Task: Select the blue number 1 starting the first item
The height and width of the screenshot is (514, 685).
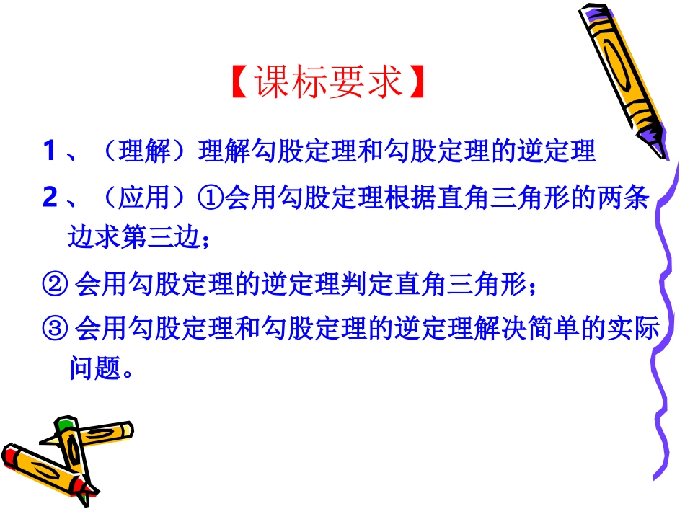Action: [50, 151]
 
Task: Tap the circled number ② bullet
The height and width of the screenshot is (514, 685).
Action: [56, 283]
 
